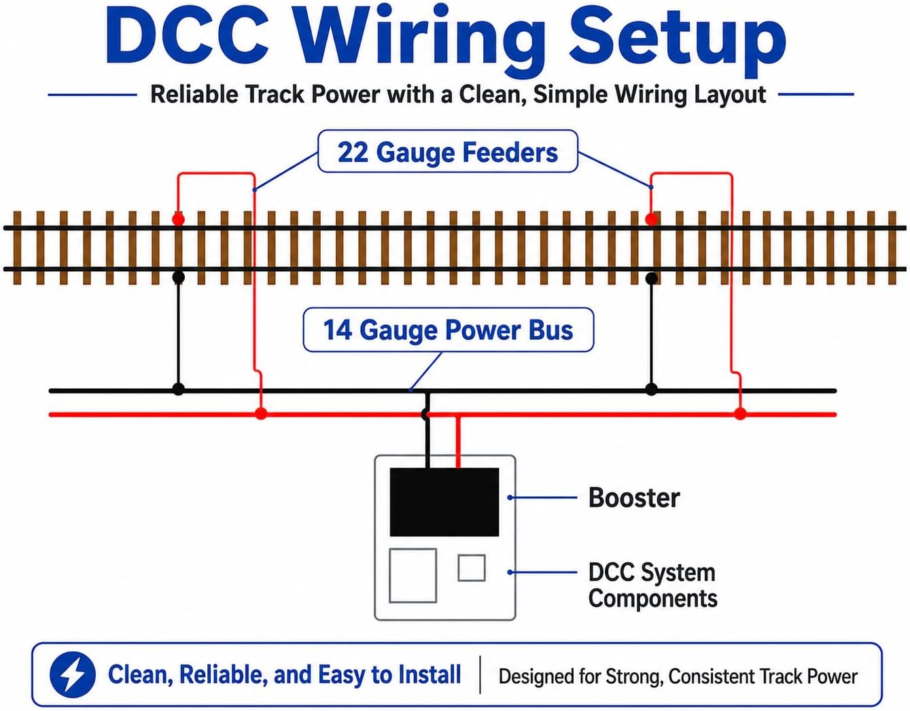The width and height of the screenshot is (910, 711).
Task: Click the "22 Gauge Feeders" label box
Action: pos(448,151)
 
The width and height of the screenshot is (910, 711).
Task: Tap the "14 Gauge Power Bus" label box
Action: pos(448,330)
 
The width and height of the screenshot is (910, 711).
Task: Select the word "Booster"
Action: pos(633,498)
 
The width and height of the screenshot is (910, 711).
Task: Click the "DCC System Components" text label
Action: pos(652,585)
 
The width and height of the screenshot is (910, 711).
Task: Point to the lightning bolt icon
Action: pos(73,674)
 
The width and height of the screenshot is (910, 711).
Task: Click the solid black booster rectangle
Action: pos(444,502)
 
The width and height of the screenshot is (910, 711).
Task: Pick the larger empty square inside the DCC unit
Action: pos(413,576)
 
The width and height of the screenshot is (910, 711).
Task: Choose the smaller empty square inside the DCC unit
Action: pos(472,568)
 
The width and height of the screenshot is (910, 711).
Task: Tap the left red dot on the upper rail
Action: pos(179,219)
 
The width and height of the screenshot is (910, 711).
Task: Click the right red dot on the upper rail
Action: pos(651,219)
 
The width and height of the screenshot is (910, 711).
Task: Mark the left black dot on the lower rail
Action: pos(179,277)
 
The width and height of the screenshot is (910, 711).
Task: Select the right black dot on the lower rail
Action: pos(651,279)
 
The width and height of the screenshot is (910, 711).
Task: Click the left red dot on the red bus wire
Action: pos(261,414)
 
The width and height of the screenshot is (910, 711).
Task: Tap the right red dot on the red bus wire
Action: pos(740,414)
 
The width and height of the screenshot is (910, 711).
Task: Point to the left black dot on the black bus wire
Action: pos(179,389)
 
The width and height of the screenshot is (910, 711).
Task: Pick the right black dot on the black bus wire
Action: pos(651,389)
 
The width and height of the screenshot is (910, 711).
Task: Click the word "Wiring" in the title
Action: pos(420,42)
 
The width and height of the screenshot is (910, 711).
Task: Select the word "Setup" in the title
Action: pos(677,42)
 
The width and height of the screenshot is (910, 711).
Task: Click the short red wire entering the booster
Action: pos(458,442)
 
